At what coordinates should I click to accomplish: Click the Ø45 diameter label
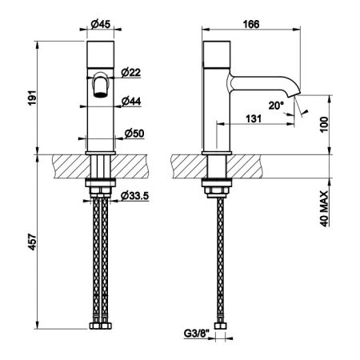point(100,25)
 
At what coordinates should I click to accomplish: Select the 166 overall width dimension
point(251,24)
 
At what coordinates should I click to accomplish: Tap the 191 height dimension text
point(32,98)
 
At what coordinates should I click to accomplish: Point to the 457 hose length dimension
point(32,242)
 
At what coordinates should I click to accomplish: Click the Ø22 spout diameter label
point(130,73)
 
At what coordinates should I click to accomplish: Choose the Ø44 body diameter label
point(131,102)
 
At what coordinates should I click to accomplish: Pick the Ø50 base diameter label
point(134,134)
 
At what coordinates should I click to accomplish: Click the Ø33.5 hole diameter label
point(134,196)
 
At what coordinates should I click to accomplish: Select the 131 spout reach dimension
point(254,118)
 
